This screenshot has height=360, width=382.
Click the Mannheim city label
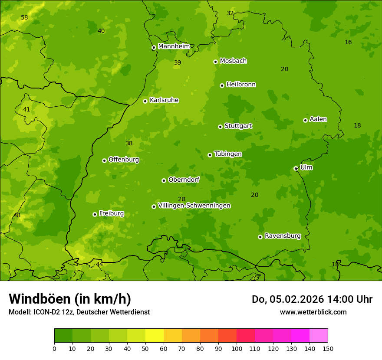174,46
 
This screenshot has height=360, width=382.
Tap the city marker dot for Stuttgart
220,127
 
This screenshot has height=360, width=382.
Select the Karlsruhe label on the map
164,100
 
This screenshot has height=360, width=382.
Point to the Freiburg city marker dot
95,214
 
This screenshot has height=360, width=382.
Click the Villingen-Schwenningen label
194,206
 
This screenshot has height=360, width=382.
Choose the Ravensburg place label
282,236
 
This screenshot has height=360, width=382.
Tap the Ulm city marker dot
296,168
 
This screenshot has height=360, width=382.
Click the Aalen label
318,119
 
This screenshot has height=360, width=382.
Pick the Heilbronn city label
240,85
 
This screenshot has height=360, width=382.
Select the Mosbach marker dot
215,62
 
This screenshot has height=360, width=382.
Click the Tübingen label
227,154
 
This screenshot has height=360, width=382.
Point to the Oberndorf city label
184,180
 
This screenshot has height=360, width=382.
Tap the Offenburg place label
123,160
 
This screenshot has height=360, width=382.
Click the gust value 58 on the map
24,18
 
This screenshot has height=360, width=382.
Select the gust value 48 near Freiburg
17,216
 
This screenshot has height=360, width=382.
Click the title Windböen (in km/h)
70,299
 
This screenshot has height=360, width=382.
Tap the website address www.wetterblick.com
313,312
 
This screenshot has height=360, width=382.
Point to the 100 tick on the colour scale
237,348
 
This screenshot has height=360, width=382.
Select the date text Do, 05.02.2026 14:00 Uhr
312,299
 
